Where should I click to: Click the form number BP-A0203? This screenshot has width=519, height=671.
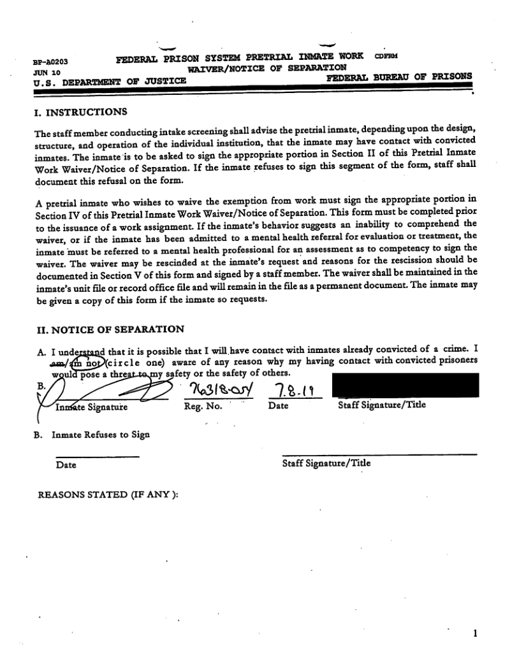pyautogui.click(x=50, y=63)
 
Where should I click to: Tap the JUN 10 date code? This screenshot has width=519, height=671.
pyautogui.click(x=45, y=72)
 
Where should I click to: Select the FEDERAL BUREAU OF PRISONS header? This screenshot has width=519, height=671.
pyautogui.click(x=399, y=76)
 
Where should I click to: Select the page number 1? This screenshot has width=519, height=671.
pyautogui.click(x=475, y=634)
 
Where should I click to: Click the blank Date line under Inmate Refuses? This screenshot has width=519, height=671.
pyautogui.click(x=97, y=456)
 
